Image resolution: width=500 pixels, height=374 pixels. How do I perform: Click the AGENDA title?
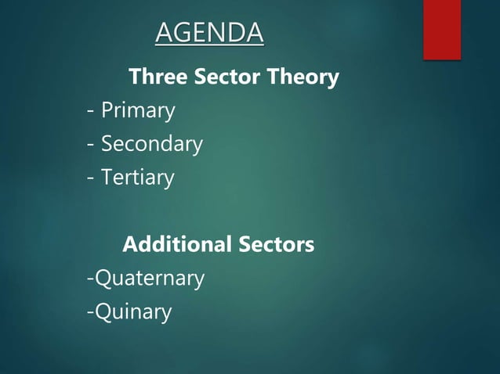[209, 34]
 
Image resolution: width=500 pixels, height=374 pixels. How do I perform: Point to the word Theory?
[304, 78]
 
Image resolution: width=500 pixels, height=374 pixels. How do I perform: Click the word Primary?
[138, 112]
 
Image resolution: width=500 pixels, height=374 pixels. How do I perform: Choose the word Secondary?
[152, 145]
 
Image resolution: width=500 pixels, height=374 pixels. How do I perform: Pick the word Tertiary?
[138, 178]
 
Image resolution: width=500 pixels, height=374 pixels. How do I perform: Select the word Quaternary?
[150, 279]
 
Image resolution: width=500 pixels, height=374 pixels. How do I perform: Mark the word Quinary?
[133, 313]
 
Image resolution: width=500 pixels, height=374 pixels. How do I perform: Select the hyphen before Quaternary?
[90, 279]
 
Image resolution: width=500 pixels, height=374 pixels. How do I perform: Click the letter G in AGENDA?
[183, 34]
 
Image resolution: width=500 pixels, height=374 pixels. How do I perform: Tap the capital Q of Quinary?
[103, 313]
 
